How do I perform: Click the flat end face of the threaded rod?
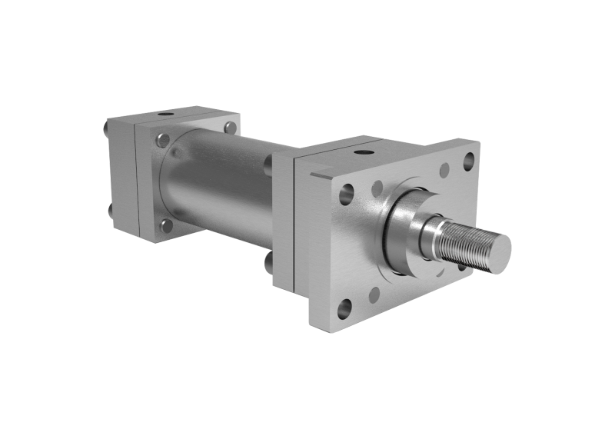click(499, 249)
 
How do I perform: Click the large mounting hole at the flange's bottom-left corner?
click(344, 308)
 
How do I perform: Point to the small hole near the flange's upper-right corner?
click(444, 170)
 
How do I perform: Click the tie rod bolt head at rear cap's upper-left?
click(162, 140)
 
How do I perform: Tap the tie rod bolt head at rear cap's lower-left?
click(166, 225)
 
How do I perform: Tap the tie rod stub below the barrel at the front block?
click(268, 262)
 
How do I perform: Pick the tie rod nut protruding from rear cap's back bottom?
click(109, 208)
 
